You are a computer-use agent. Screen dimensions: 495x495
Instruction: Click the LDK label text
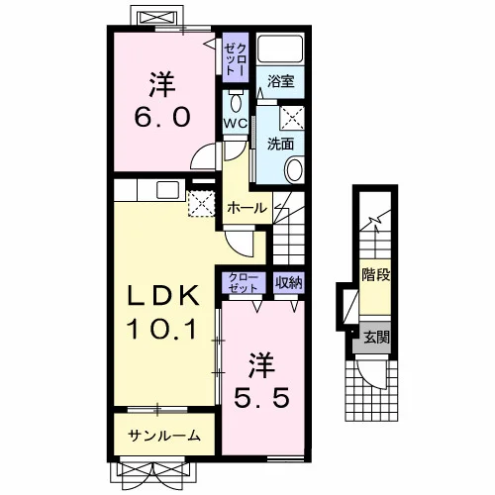click(163, 295)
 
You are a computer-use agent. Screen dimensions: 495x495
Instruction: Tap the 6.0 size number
click(162, 118)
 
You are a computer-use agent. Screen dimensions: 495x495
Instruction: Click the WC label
click(236, 124)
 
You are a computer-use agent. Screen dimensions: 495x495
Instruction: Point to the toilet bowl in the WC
click(236, 102)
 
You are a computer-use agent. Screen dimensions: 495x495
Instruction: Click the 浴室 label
click(280, 81)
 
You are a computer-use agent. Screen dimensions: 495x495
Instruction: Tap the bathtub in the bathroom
click(280, 49)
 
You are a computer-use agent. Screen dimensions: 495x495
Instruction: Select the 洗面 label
click(280, 144)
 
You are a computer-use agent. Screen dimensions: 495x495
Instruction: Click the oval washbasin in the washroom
click(294, 170)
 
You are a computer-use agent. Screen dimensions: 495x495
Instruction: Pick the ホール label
click(247, 208)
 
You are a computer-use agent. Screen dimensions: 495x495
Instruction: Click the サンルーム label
click(164, 436)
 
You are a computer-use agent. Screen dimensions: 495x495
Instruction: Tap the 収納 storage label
click(289, 282)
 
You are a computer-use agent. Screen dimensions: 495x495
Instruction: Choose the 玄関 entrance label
click(376, 338)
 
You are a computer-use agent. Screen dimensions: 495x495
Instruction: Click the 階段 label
click(376, 274)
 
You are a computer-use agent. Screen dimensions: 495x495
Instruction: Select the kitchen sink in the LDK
click(167, 190)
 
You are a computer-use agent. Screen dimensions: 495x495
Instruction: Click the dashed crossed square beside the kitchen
click(201, 204)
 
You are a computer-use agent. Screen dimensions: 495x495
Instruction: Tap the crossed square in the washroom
click(292, 118)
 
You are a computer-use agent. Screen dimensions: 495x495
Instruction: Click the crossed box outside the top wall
click(155, 17)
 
